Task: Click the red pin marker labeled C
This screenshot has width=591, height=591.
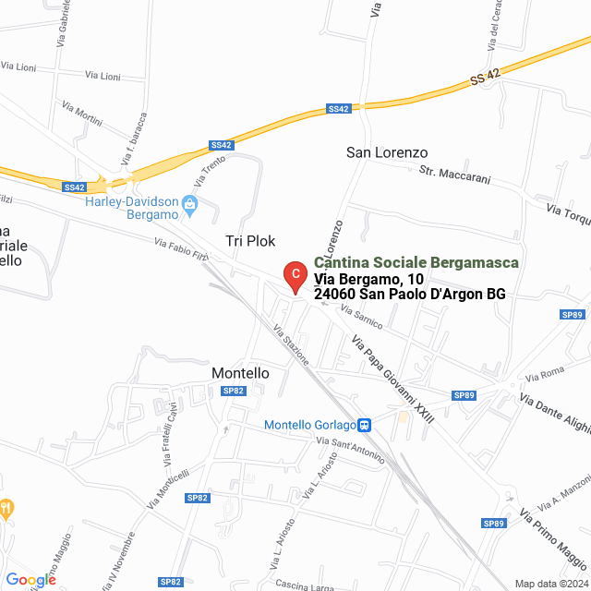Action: click(294, 275)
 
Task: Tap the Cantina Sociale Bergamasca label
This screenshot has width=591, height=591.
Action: click(416, 263)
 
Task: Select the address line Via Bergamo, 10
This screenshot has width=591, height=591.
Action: click(369, 279)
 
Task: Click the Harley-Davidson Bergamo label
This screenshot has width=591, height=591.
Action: click(130, 208)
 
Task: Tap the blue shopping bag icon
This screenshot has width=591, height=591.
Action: click(190, 203)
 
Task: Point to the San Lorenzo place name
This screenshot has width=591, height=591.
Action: click(387, 151)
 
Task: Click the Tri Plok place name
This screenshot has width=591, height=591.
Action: click(250, 240)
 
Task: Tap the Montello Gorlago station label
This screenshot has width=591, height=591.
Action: click(309, 425)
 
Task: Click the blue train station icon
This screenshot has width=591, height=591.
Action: click(365, 425)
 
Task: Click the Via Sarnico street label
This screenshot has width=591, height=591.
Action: click(361, 319)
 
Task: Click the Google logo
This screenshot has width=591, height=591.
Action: click(30, 580)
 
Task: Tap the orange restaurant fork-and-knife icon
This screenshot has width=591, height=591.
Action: click(6, 507)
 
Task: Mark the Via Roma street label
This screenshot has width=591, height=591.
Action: click(544, 375)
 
